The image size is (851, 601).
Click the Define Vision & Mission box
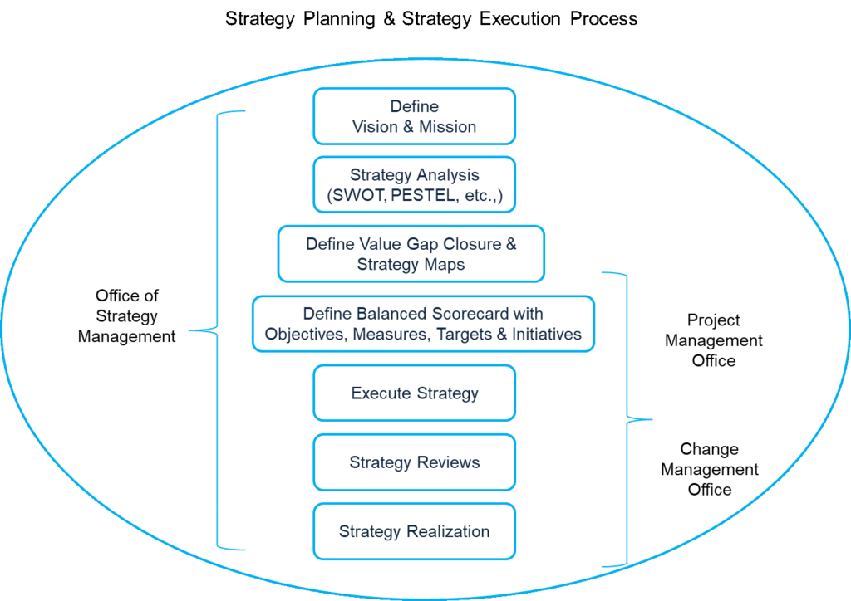click(414, 116)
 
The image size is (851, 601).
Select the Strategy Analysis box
click(414, 185)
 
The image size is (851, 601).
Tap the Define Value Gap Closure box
click(411, 254)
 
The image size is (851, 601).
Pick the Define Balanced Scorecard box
click(423, 324)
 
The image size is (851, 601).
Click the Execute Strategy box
click(414, 393)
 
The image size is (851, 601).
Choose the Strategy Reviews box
click(414, 462)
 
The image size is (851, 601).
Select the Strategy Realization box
click(414, 531)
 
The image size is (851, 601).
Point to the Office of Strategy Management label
click(127, 316)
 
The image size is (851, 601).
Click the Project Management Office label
click(713, 340)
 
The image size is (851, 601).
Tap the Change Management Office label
click(709, 469)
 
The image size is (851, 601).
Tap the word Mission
click(449, 127)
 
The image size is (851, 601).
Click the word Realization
click(448, 531)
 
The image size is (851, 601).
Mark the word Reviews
click(449, 462)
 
